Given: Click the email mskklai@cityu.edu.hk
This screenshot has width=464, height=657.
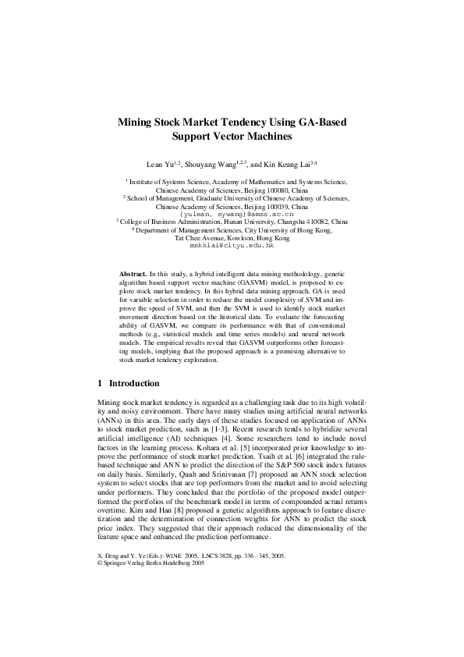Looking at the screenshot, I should pos(232,246).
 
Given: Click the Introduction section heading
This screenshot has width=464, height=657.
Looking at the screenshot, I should pos(134,384).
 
